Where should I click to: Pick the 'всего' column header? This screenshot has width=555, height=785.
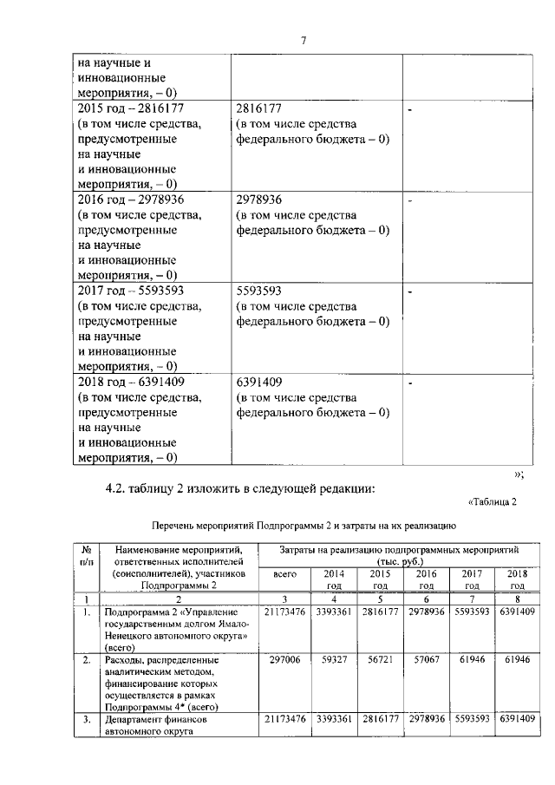[284, 573]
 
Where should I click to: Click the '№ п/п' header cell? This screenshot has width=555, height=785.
[87, 555]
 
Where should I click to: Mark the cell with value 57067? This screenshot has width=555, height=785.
[424, 660]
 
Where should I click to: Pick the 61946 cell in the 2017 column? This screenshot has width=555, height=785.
[469, 660]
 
